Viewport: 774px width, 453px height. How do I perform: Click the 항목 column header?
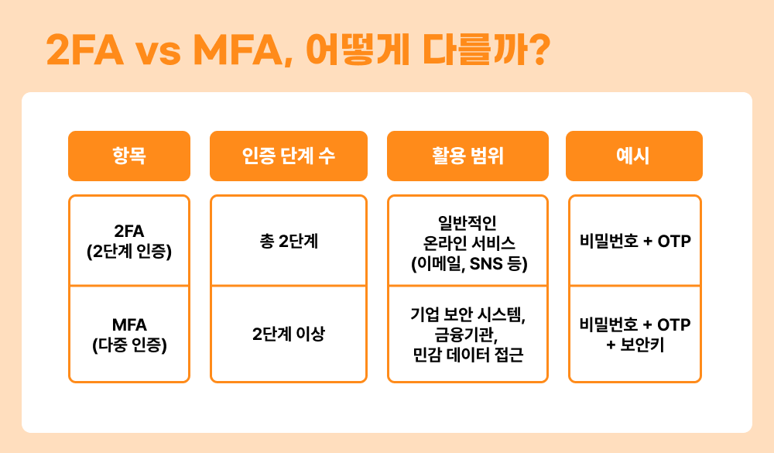[129, 156]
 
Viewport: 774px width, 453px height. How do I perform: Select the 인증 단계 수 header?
[288, 156]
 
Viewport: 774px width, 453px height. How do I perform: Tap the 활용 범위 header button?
[467, 156]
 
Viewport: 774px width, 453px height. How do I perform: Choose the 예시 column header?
[634, 156]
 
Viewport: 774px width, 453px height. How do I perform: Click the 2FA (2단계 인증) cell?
[129, 240]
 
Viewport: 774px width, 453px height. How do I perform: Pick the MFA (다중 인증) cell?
[129, 334]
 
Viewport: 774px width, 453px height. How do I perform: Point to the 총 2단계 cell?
[288, 241]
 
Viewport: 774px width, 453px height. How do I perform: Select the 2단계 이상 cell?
[288, 335]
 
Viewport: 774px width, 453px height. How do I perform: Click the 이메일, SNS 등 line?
[467, 263]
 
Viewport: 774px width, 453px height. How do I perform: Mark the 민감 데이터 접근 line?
[467, 355]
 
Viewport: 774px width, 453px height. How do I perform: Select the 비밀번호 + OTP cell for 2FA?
[635, 241]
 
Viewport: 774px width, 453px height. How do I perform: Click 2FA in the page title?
[84, 51]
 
